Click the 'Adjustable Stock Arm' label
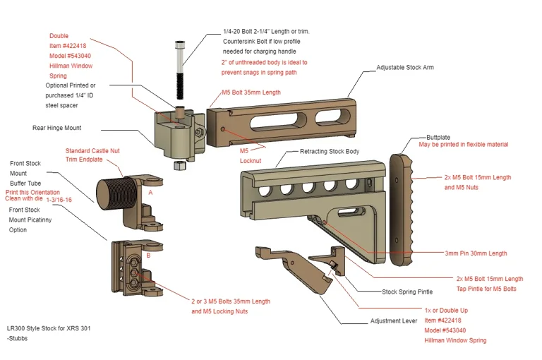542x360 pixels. (x=404, y=68)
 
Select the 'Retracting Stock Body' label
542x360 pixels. (x=330, y=152)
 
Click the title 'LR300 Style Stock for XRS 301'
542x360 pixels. (x=49, y=328)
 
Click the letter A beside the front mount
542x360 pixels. (x=150, y=192)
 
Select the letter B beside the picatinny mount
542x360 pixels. (x=148, y=256)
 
